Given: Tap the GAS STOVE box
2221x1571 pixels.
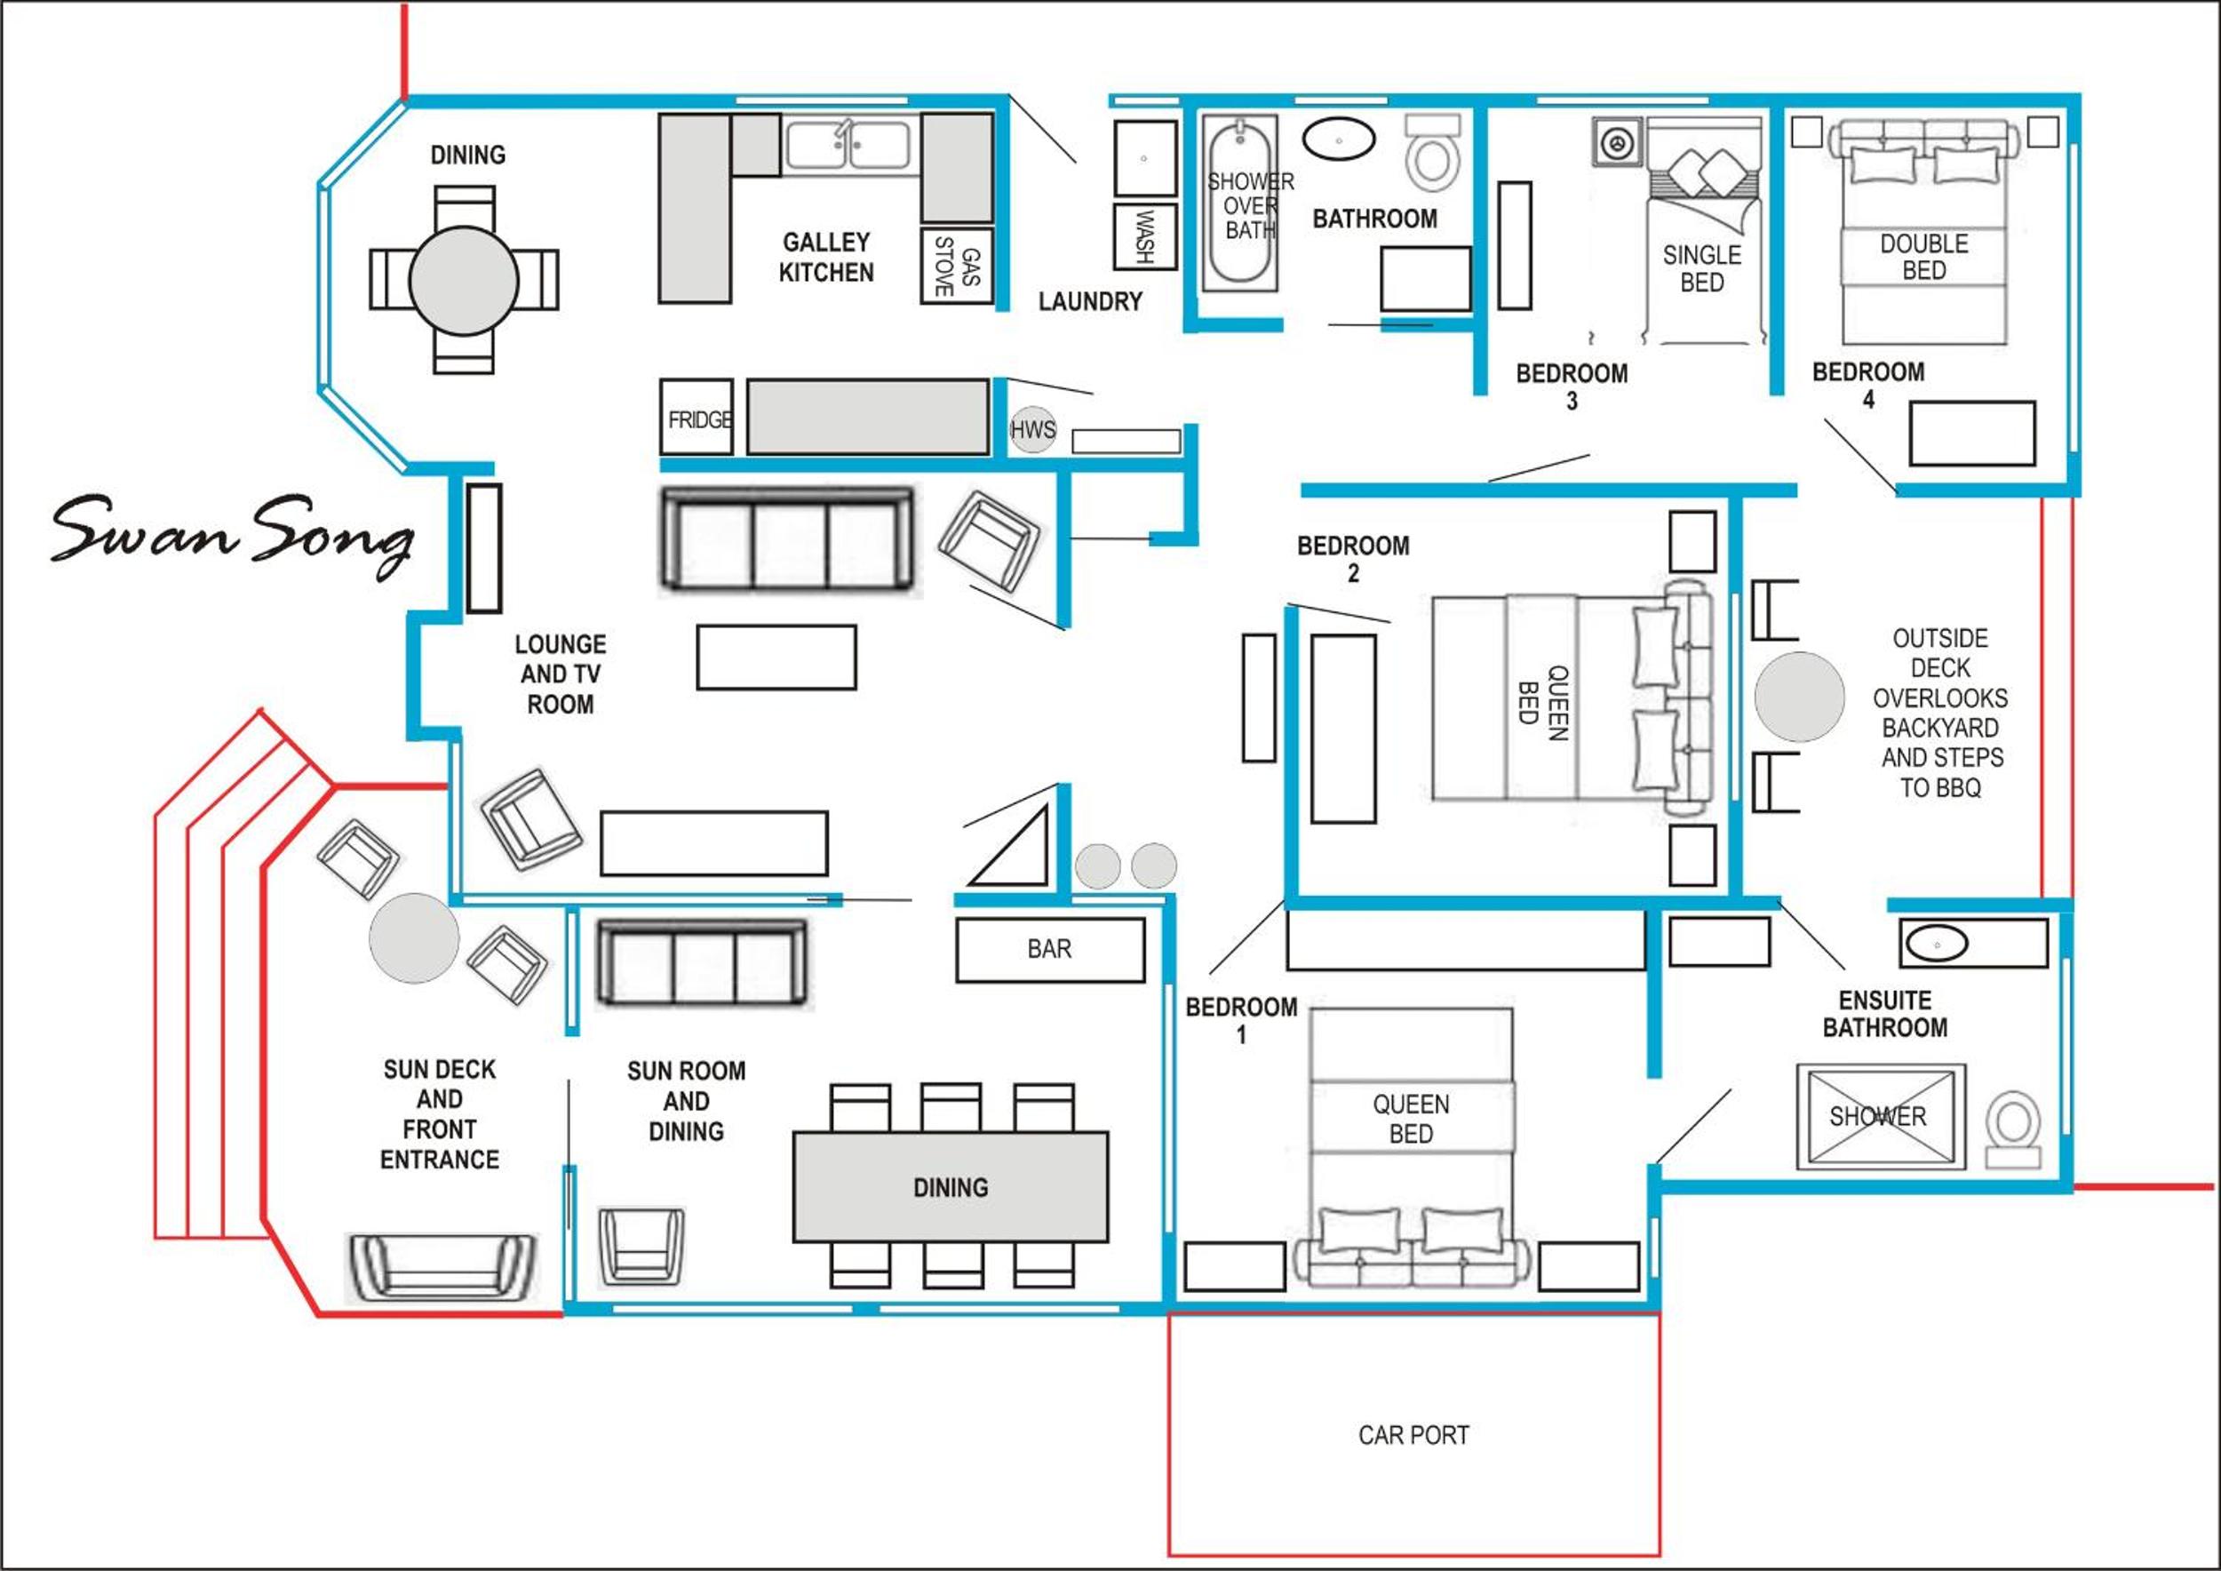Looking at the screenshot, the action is click(x=957, y=266).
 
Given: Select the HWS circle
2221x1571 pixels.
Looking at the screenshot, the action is click(x=1032, y=429).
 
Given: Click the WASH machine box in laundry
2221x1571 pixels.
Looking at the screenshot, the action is click(x=1144, y=236).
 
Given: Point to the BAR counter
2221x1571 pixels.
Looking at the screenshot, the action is click(x=1050, y=950).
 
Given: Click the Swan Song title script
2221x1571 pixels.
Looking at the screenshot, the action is click(x=232, y=534).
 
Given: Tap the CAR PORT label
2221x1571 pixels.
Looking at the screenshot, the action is click(x=1413, y=1434).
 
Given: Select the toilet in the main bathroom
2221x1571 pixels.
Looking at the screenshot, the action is click(x=1433, y=153).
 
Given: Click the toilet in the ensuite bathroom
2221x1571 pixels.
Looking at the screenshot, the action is click(x=2013, y=1131).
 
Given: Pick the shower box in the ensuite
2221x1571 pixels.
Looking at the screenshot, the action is click(x=1881, y=1116).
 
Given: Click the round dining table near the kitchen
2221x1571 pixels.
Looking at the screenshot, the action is click(x=464, y=281).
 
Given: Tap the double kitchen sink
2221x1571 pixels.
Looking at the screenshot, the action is click(x=848, y=146).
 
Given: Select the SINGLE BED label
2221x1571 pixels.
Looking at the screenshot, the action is click(x=1701, y=269).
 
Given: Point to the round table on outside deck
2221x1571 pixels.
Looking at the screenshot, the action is click(x=1799, y=697).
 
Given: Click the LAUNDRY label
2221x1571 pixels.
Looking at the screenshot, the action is click(x=1090, y=302).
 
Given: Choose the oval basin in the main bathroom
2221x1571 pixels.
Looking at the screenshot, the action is click(x=1339, y=140).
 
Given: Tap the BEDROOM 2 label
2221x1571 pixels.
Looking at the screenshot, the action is click(x=1353, y=559).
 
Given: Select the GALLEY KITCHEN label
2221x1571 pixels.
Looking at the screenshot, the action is click(x=826, y=258).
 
